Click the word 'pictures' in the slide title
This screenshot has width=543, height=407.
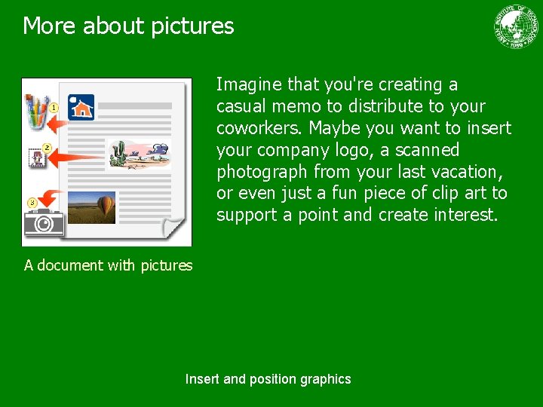point(192,26)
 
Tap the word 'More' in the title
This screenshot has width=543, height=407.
point(50,26)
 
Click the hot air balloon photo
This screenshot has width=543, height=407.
point(91,207)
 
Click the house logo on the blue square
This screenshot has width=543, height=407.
point(81,107)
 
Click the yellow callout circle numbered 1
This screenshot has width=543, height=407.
point(54,109)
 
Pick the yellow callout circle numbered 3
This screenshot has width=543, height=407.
point(32,203)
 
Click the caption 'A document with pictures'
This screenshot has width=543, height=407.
point(108,265)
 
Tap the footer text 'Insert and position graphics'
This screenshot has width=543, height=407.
point(268,379)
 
